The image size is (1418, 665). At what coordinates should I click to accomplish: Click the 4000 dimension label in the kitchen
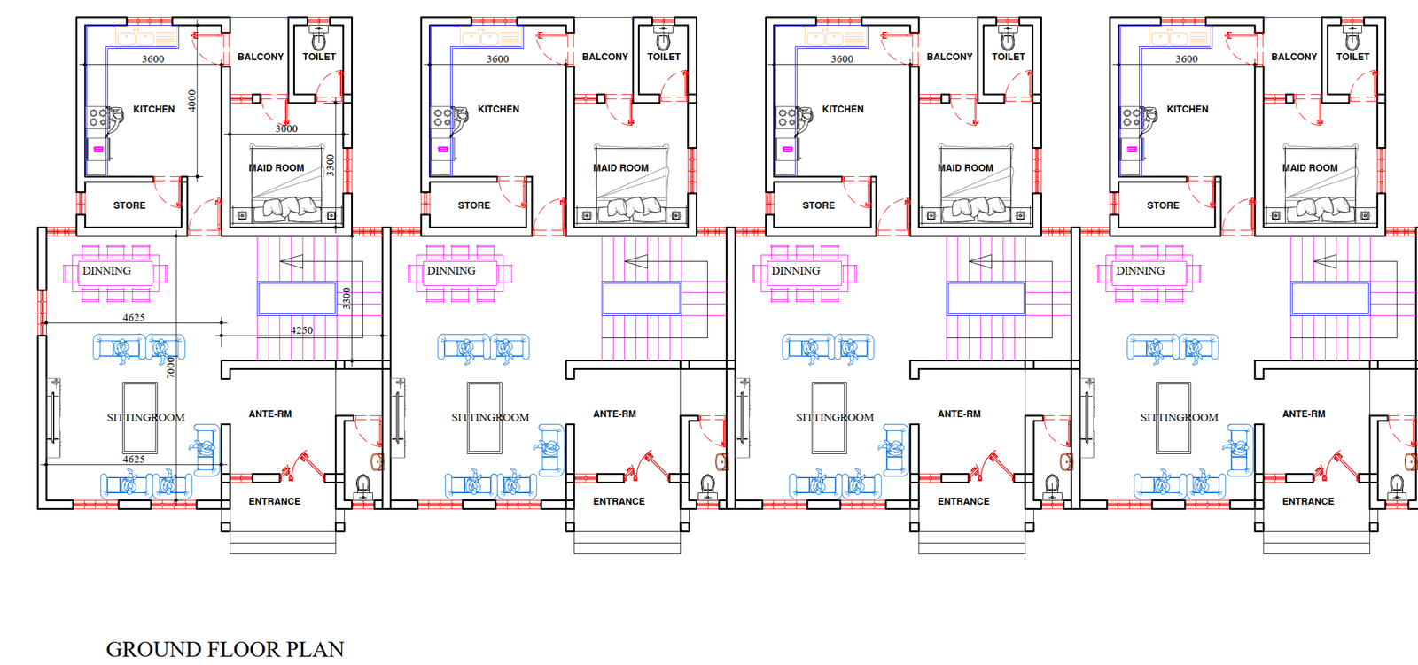pyautogui.click(x=191, y=101)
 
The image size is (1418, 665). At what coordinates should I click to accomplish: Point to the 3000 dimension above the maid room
pyautogui.click(x=286, y=128)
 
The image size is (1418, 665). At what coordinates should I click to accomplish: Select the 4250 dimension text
pyautogui.click(x=302, y=330)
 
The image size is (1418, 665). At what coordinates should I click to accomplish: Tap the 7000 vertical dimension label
pyautogui.click(x=170, y=367)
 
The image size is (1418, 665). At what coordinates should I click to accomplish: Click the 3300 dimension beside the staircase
pyautogui.click(x=347, y=298)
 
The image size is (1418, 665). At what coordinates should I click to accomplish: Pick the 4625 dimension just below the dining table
pyautogui.click(x=134, y=318)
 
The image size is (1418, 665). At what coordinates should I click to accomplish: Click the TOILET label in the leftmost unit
pyautogui.click(x=319, y=57)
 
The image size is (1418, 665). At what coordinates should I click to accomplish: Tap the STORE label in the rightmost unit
pyautogui.click(x=1163, y=205)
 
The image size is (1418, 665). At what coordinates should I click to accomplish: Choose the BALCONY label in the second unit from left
pyautogui.click(x=605, y=57)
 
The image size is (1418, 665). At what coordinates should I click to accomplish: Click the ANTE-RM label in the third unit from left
pyautogui.click(x=959, y=414)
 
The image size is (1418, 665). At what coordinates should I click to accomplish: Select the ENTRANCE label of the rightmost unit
pyautogui.click(x=1308, y=501)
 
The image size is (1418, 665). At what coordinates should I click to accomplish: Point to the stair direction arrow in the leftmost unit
pyautogui.click(x=292, y=261)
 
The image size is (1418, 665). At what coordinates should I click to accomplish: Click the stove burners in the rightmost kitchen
pyautogui.click(x=1130, y=117)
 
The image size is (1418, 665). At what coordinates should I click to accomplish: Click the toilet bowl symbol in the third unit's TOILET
pyautogui.click(x=1008, y=40)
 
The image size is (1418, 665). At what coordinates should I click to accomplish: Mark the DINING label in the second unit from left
pyautogui.click(x=451, y=271)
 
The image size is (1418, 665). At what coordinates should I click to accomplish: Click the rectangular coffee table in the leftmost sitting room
pyautogui.click(x=140, y=418)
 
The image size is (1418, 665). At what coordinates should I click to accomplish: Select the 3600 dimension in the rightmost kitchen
pyautogui.click(x=1187, y=58)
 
